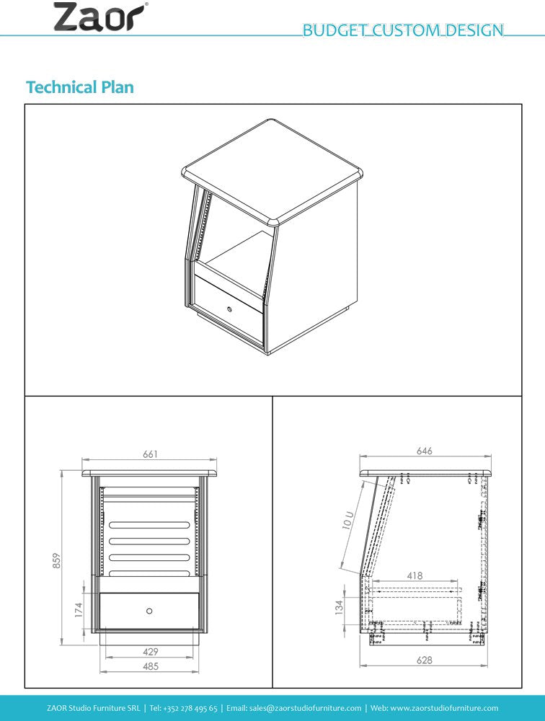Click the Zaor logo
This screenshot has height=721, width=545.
102,17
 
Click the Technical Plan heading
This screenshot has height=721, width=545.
80,87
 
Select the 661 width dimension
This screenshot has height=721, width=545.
150,454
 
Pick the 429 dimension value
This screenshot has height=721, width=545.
150,651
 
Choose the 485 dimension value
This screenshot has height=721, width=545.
150,667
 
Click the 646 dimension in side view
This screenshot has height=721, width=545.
425,451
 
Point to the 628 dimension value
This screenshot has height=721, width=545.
425,660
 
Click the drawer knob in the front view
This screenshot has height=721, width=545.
149,611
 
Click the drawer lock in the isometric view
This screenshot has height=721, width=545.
229,309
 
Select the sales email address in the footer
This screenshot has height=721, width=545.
309,708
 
